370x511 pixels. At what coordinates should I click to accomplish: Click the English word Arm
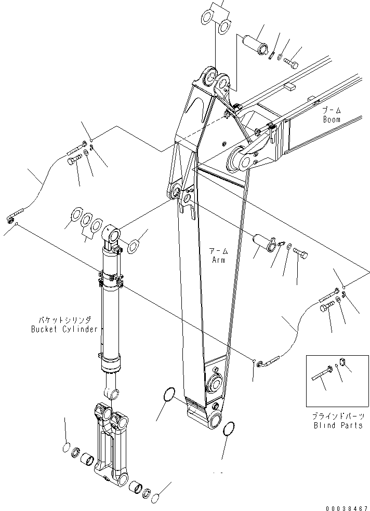click(218, 260)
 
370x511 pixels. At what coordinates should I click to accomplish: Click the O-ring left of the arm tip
click(169, 395)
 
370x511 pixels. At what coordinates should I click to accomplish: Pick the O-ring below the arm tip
click(227, 429)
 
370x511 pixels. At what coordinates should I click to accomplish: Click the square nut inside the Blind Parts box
click(342, 361)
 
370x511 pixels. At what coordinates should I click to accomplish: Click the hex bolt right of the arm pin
click(301, 254)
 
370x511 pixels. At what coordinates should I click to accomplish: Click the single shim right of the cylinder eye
click(134, 246)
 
